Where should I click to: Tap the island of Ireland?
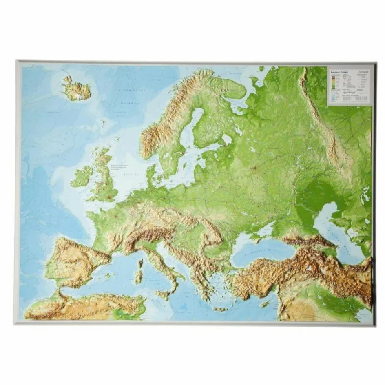[82, 176]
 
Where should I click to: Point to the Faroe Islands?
[104, 122]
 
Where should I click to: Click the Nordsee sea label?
[130, 174]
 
